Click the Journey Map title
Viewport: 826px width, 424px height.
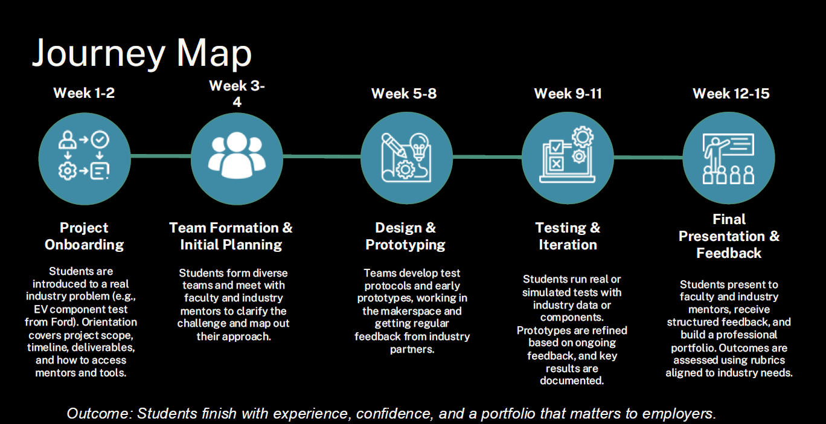click(142, 54)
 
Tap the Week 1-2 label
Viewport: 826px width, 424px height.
click(84, 93)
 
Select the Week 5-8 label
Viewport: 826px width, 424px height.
click(404, 94)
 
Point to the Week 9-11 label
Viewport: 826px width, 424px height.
click(568, 94)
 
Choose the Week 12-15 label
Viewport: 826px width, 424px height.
click(731, 94)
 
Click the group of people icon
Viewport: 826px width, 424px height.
click(237, 155)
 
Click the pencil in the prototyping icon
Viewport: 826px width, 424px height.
click(394, 145)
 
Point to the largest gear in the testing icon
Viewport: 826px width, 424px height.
click(583, 137)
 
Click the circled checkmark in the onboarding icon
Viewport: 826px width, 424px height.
click(100, 140)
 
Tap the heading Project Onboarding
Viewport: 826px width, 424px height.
click(84, 236)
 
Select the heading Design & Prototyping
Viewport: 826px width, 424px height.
click(405, 236)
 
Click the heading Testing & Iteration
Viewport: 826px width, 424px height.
click(568, 236)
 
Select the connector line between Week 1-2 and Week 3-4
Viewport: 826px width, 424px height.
click(161, 156)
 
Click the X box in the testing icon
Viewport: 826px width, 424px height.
click(556, 164)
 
